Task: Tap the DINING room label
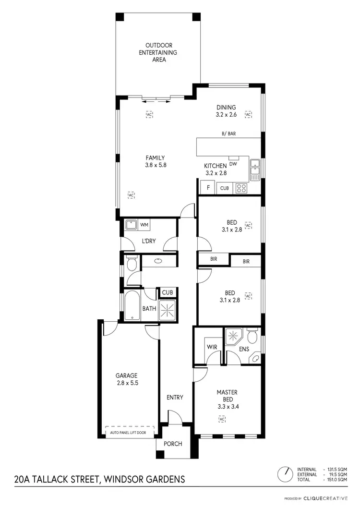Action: pos(226,111)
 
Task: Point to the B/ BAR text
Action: pos(228,134)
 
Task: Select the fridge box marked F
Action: pos(208,188)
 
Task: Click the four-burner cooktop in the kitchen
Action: pos(240,188)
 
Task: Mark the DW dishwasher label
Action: pos(233,163)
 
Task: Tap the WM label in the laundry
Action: pos(144,225)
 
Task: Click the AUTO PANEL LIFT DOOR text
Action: pos(132,433)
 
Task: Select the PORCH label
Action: pos(173,444)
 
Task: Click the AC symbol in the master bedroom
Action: pos(222,419)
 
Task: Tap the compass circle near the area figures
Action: pos(286,474)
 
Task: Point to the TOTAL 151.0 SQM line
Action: pos(325,480)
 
